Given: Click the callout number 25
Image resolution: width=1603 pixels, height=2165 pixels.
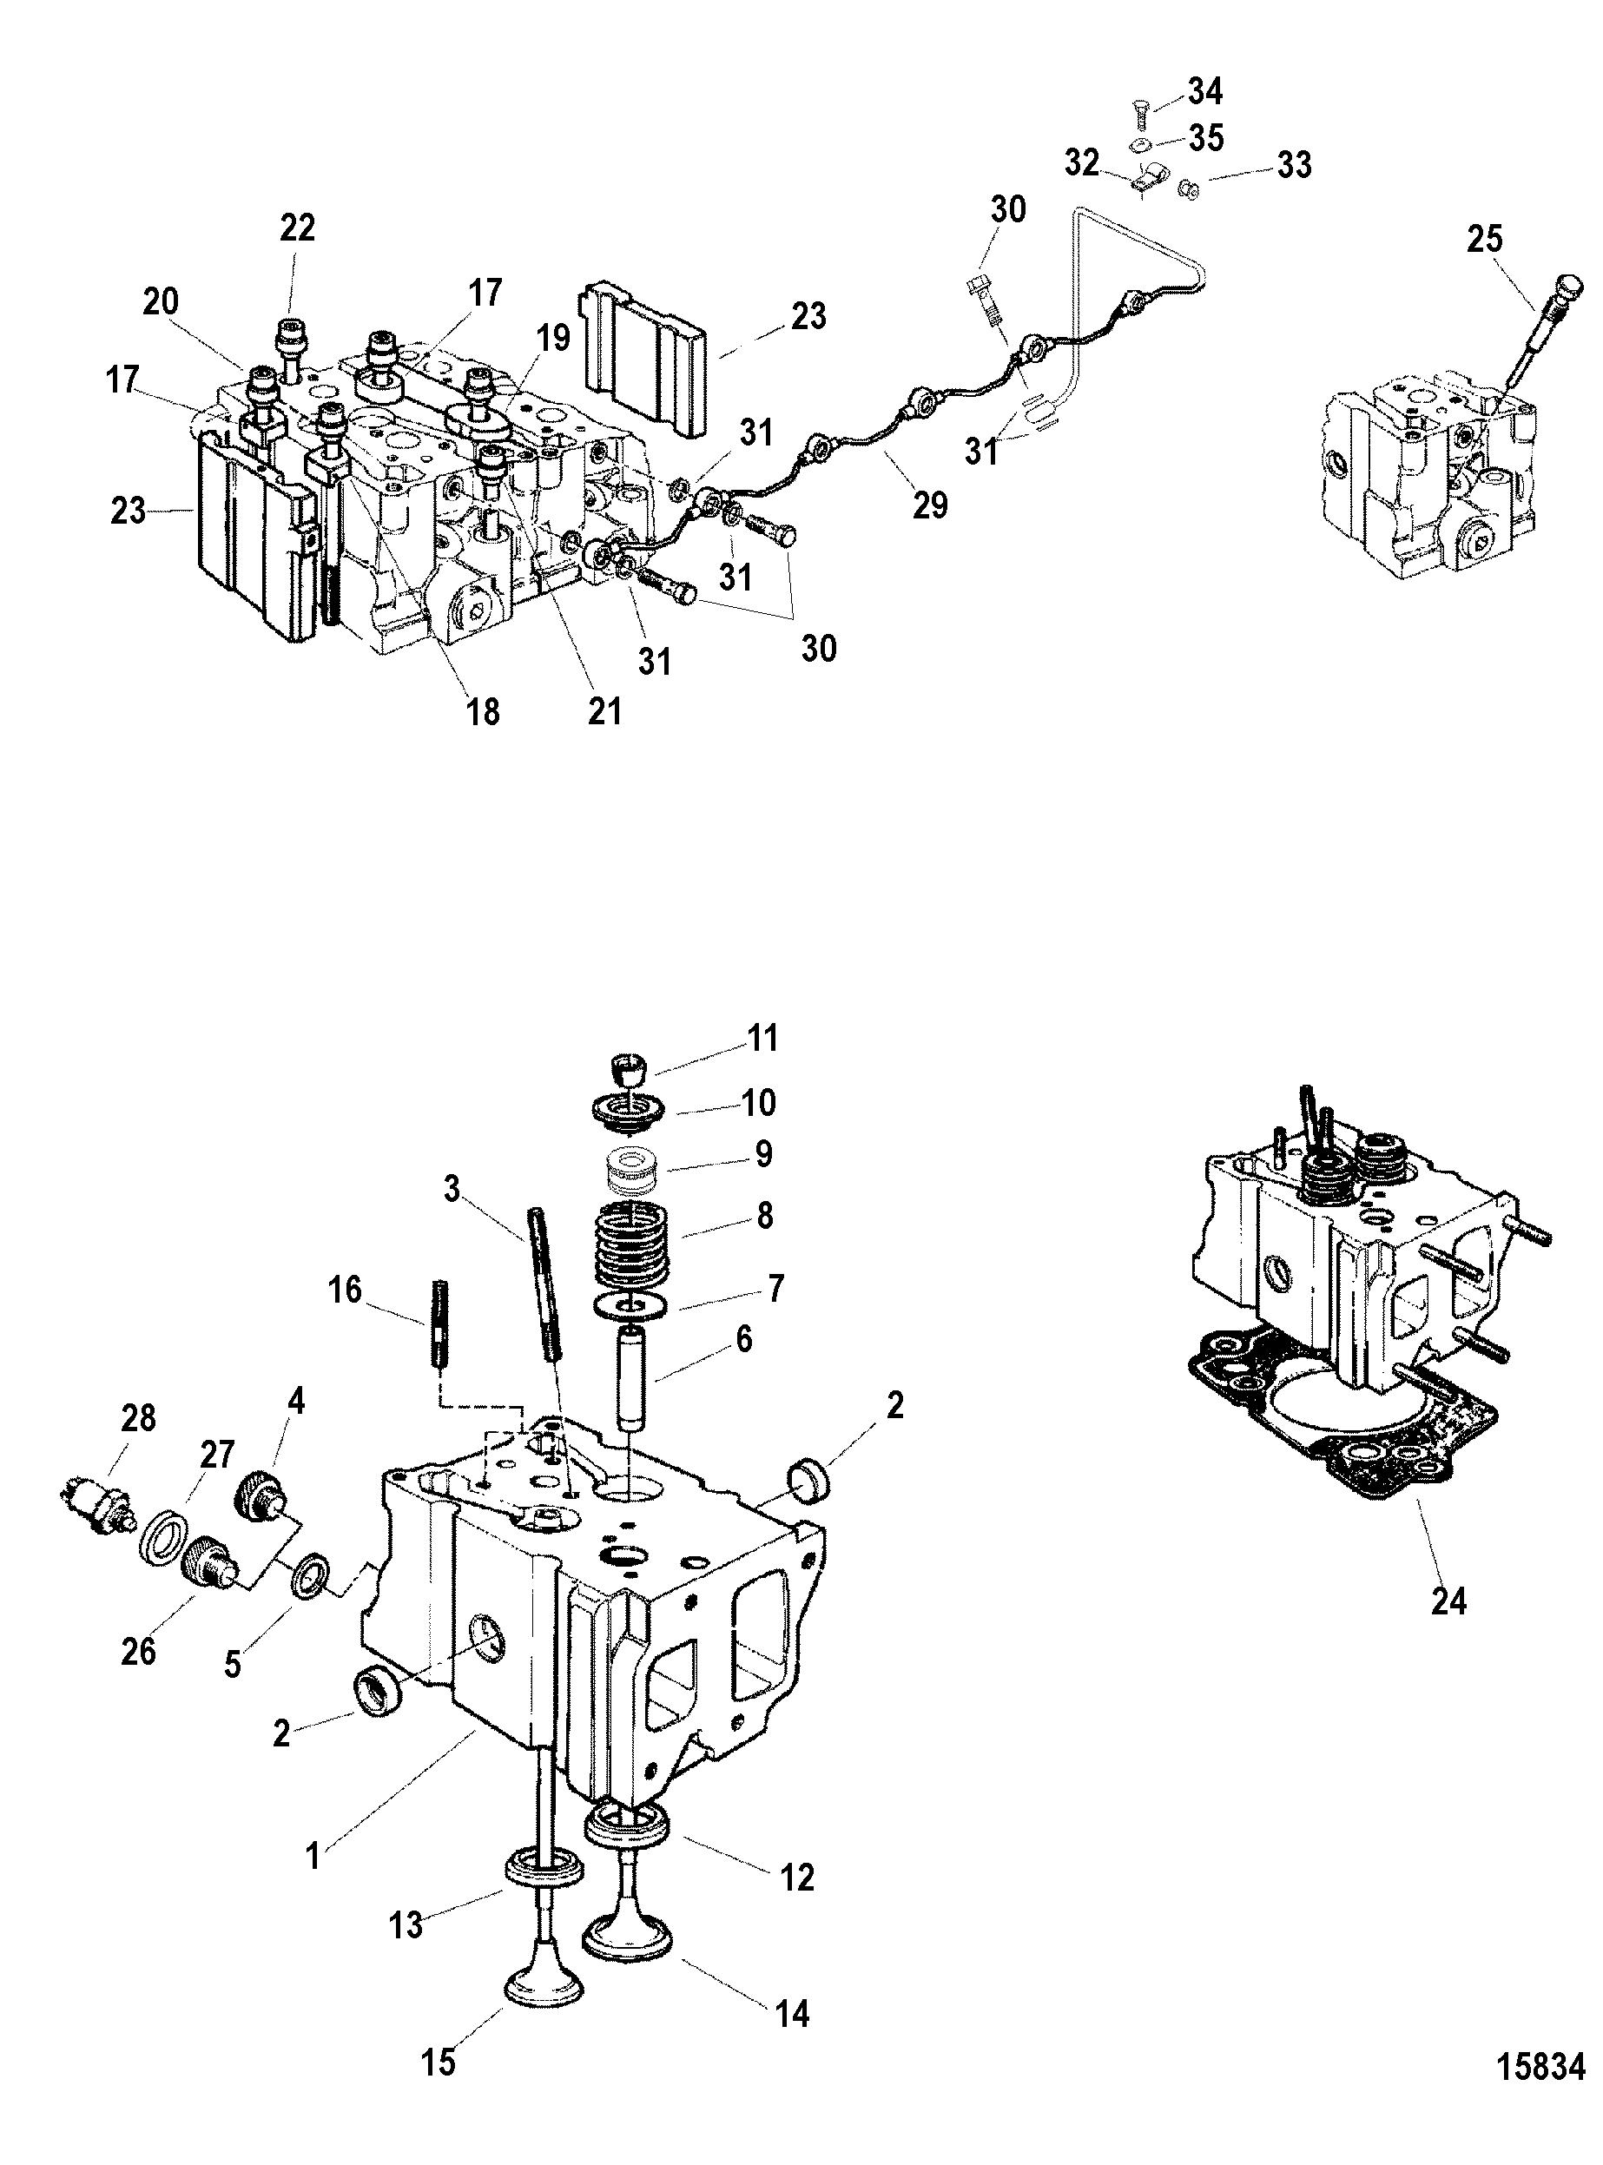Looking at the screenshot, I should pos(1485,239).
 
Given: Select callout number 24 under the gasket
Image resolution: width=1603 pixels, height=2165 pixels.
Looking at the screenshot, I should pos(1448,1601).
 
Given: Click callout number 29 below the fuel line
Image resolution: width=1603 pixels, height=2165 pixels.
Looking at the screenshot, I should pos(930,505).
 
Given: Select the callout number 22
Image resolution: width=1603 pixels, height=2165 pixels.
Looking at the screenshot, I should pos(297,228).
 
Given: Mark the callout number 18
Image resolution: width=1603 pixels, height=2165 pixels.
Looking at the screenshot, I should pos(483,711).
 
